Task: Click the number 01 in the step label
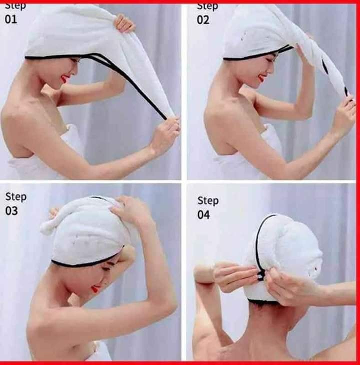11,19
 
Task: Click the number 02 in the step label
203,19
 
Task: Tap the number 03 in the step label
11,210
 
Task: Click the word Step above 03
15,196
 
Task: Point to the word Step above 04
207,200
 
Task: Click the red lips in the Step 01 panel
64,79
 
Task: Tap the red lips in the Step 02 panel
261,78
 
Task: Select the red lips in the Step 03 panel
94,289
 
